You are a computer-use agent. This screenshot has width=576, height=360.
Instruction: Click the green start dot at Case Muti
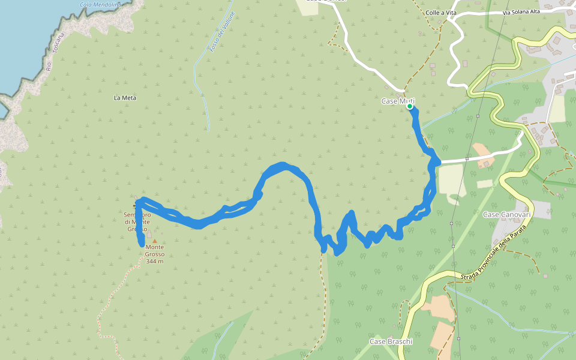(x=410, y=106)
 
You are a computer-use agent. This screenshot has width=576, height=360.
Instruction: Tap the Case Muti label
(x=397, y=101)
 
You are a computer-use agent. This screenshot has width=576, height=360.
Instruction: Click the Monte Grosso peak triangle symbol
(x=154, y=241)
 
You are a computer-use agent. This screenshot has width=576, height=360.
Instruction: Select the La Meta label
(x=125, y=97)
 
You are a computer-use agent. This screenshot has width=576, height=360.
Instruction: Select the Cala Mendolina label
(x=100, y=5)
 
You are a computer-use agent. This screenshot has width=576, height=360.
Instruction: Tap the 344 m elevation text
(x=154, y=261)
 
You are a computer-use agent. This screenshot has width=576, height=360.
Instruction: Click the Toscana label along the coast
(x=58, y=49)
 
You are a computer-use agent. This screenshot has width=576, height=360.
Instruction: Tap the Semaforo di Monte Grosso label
(x=136, y=221)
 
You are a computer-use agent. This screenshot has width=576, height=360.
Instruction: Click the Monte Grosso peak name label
(x=154, y=251)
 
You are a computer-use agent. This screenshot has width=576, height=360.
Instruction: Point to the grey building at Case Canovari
(x=540, y=209)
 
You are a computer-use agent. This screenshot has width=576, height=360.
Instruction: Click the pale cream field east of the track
(x=451, y=179)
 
